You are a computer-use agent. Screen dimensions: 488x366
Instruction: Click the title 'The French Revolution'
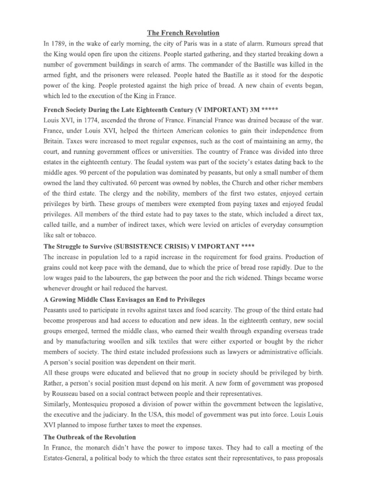pyautogui.click(x=183, y=33)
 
